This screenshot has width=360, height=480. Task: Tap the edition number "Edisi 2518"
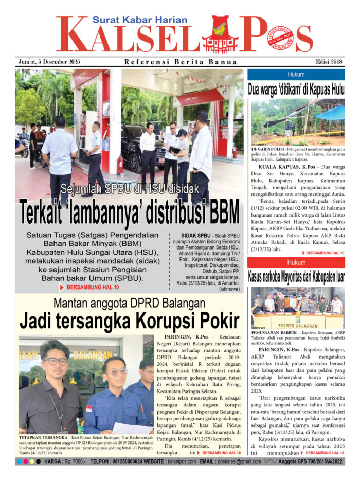coord(330,62)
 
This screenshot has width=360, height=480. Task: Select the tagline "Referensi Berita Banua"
coord(181,62)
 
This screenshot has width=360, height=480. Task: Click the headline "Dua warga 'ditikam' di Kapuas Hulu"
coord(296,88)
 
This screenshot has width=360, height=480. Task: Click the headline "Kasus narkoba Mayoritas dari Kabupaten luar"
coord(296,277)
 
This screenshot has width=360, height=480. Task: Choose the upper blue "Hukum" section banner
coord(296,74)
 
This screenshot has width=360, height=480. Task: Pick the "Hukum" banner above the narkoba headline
coord(296,262)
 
